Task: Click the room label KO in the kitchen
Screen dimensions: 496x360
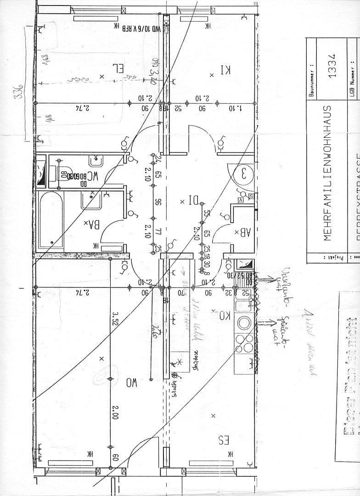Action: (224, 316)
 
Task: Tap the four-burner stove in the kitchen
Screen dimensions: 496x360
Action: (243, 342)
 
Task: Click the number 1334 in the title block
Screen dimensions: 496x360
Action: (332, 65)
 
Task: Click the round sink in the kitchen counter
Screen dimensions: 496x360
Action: (243, 321)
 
